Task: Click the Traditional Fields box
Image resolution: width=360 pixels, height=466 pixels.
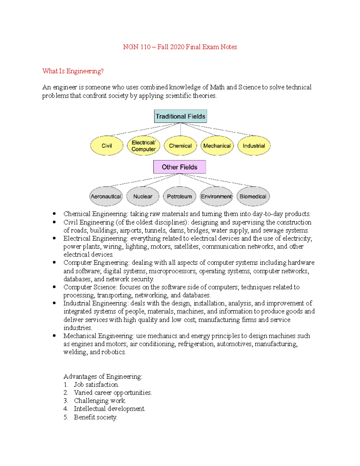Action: point(180,116)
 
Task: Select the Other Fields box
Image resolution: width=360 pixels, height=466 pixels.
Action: point(179,167)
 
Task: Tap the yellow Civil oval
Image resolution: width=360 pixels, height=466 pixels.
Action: point(106,146)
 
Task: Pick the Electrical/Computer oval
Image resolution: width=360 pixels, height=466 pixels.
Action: point(143,146)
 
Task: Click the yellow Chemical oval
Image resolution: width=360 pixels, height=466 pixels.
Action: point(180,146)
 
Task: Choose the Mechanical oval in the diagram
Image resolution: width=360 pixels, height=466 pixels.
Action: point(217,146)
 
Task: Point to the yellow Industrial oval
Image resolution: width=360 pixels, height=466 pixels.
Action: point(254,146)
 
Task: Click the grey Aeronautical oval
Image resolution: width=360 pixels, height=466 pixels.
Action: point(106,197)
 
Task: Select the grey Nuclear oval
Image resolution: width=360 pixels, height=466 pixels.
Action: point(143,197)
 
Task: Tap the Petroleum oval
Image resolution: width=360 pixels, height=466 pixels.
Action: point(179,197)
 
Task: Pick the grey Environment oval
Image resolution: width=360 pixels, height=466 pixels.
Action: point(216,197)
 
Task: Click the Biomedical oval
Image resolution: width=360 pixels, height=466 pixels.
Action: point(253,197)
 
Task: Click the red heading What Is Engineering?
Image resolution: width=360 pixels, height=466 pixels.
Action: point(73,71)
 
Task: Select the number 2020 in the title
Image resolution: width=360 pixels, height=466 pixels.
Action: point(177,47)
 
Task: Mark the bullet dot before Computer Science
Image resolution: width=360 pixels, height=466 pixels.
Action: point(54,287)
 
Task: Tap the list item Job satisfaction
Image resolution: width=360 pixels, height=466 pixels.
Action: point(96,384)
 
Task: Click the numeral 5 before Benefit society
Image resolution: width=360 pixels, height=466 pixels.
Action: point(65,417)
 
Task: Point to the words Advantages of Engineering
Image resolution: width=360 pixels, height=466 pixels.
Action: point(103,376)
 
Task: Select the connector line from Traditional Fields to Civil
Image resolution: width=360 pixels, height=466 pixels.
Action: point(144,130)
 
